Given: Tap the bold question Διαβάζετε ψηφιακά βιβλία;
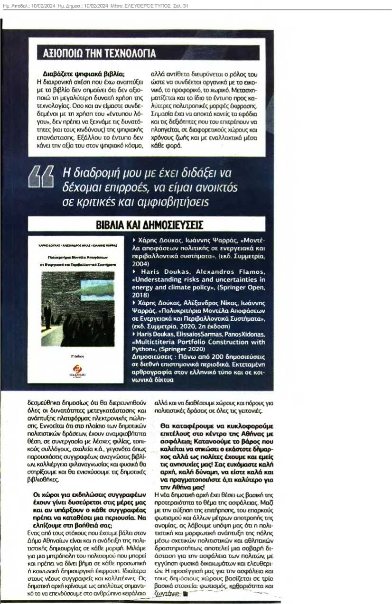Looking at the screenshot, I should click(x=84, y=74).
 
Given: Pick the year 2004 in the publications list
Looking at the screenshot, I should click(x=140, y=263).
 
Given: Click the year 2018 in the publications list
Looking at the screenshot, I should click(x=140, y=294).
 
